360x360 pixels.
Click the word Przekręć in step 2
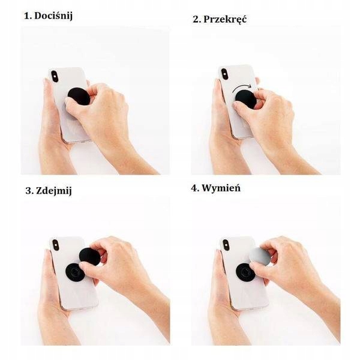point(226,19)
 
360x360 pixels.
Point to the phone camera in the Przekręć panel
point(225,74)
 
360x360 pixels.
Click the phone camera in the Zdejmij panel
point(56,245)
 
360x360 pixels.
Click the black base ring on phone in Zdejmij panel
point(74,271)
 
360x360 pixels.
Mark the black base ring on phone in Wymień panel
point(245,271)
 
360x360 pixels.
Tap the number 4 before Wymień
point(194,188)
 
